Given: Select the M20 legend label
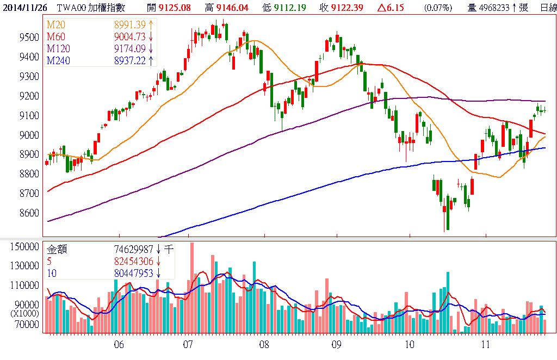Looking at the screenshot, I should coord(54,26).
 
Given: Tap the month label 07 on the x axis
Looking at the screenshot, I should coord(189,345).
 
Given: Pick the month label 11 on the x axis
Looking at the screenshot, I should coord(486,345).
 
